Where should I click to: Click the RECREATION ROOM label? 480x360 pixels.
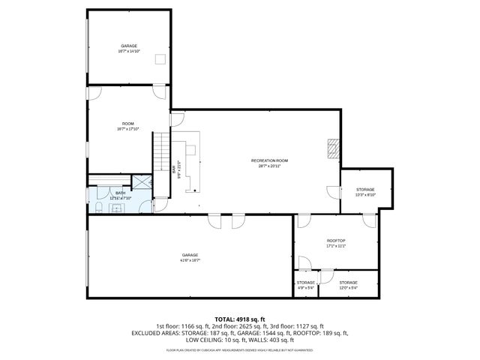(269, 160)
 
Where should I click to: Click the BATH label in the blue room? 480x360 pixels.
(120, 193)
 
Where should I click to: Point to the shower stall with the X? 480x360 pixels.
(141, 184)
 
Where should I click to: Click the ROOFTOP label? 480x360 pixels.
(335, 241)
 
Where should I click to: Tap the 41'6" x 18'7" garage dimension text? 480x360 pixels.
(190, 260)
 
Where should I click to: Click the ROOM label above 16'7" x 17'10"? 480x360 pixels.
(128, 124)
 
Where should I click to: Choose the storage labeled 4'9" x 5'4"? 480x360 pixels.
(305, 285)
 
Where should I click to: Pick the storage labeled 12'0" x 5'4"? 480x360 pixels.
(348, 285)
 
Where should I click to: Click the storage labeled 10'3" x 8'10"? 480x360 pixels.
(365, 192)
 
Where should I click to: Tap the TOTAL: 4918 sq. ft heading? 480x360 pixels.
(240, 319)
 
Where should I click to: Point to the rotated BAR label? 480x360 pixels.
(174, 170)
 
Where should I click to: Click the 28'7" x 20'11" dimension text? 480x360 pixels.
(269, 166)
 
